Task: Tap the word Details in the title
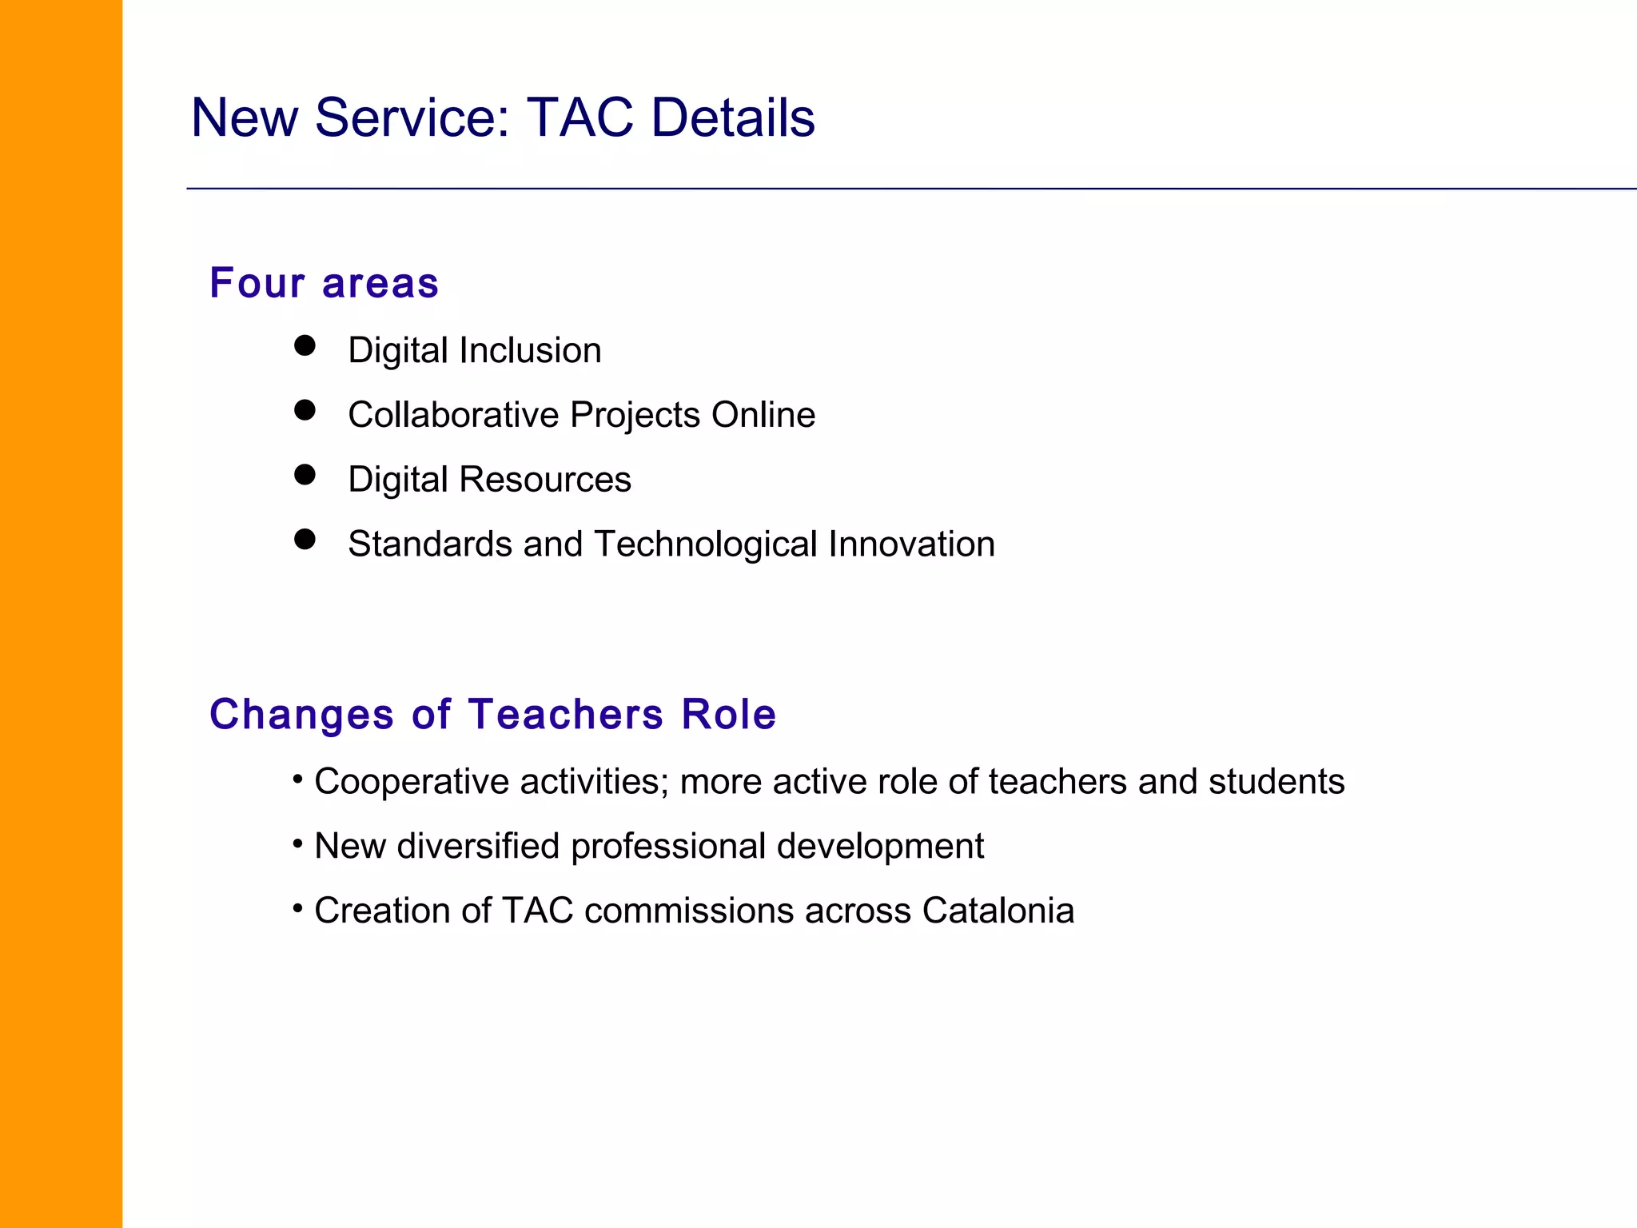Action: tap(733, 118)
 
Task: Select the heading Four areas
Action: tap(324, 283)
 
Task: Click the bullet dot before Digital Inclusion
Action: tap(305, 345)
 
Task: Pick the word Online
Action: tap(763, 415)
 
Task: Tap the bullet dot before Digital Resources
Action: tap(305, 475)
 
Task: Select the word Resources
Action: tap(545, 480)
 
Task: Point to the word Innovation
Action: tap(912, 544)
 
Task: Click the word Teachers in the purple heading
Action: tap(566, 714)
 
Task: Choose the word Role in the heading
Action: tap(728, 714)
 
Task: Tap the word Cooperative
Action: tap(412, 782)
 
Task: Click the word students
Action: tap(1277, 782)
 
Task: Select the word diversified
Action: tap(478, 846)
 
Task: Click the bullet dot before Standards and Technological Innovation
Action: tap(305, 540)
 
